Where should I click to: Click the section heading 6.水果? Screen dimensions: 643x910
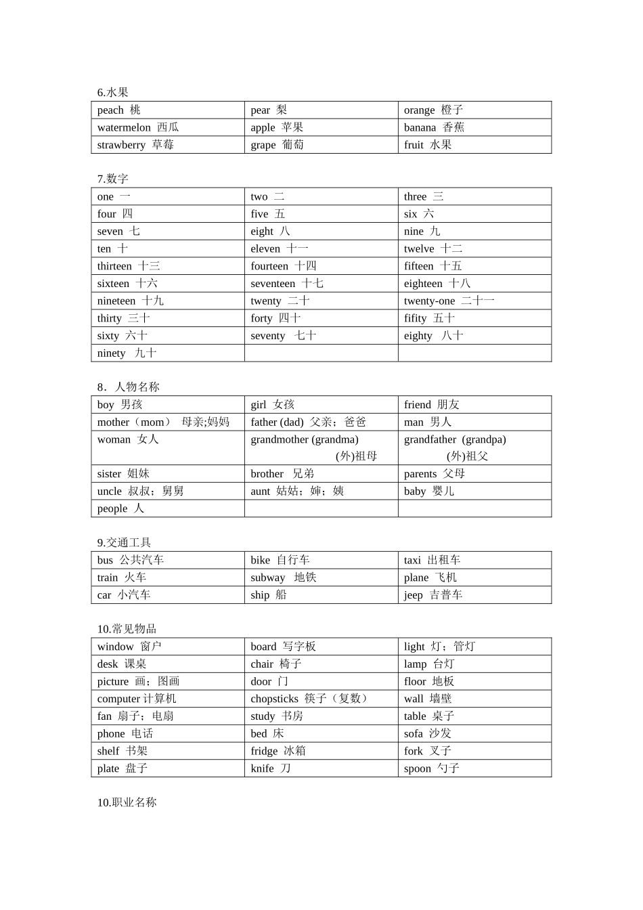click(x=112, y=93)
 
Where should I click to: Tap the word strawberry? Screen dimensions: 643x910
click(x=121, y=145)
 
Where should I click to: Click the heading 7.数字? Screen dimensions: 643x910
click(x=112, y=179)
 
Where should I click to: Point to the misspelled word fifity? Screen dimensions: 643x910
click(x=416, y=318)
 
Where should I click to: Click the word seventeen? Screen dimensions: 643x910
click(x=273, y=284)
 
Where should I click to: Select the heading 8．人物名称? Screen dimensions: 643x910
click(x=128, y=387)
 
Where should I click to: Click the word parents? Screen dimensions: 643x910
click(x=420, y=474)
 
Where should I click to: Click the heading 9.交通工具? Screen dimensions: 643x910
click(x=124, y=543)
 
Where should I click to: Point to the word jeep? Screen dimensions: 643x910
click(x=413, y=595)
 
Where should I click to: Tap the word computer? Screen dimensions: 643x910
click(x=118, y=699)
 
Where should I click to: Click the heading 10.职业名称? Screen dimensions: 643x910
click(x=127, y=802)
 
